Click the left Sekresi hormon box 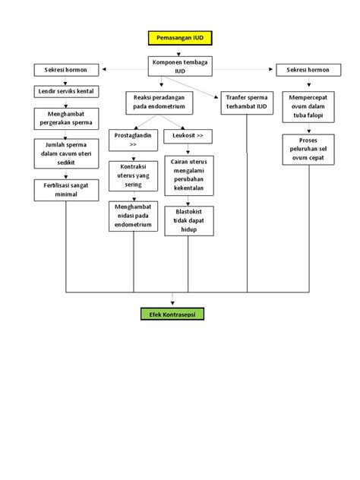point(66,71)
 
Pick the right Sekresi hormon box point(308,71)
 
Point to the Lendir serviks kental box point(66,92)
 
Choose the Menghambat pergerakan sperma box point(66,118)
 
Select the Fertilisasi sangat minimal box point(66,190)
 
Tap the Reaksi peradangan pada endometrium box point(159,103)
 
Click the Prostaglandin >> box point(134,139)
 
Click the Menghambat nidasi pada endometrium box point(134,216)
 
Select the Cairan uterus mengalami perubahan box point(189,175)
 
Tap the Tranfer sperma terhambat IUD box point(246,102)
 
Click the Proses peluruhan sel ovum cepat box point(308,148)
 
